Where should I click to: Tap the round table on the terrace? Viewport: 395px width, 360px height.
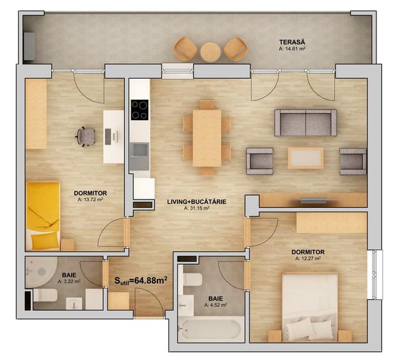pos(210,51)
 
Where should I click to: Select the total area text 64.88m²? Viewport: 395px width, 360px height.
pos(141,279)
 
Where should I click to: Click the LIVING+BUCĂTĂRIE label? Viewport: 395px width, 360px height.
pos(197,201)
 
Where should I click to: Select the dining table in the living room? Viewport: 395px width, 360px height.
pos(207,138)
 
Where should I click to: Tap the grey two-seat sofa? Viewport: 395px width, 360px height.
pos(305,122)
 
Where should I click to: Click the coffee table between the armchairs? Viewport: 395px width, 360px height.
pos(305,158)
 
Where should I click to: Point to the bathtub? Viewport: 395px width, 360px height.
pos(211,330)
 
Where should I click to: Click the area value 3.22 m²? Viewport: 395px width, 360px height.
pos(69,281)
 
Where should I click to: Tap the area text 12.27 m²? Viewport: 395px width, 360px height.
pos(308,259)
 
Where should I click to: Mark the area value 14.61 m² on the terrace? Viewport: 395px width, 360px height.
pos(293,47)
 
